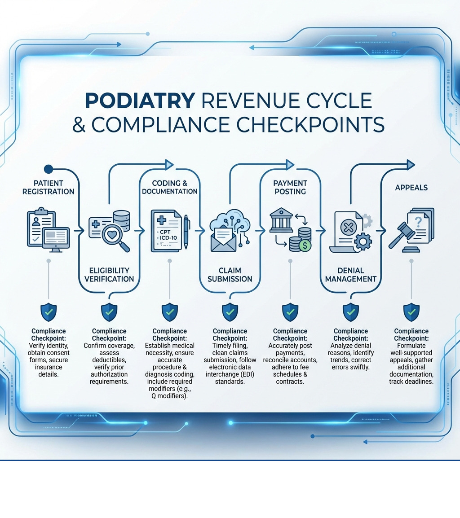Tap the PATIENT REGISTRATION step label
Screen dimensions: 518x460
point(48,187)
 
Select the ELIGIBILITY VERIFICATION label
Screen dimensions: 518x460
point(109,274)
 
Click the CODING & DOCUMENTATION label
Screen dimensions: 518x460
point(169,187)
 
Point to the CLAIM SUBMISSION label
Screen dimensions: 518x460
point(230,274)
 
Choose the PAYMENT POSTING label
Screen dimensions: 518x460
point(290,187)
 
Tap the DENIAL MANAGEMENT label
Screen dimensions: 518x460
point(350,274)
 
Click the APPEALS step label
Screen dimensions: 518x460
point(411,188)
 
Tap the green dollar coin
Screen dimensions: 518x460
point(305,245)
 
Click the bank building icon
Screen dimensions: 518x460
point(281,219)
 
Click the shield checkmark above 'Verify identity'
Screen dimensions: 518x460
point(49,311)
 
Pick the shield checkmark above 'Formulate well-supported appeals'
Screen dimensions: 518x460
point(411,311)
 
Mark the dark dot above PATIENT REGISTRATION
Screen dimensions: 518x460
point(49,169)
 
